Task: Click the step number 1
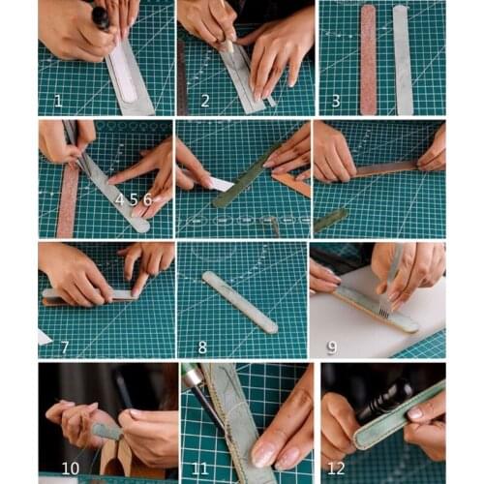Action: (57, 100)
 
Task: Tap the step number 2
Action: (204, 100)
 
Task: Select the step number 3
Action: (335, 100)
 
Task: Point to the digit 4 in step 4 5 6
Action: (121, 198)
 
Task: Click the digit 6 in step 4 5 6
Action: (147, 198)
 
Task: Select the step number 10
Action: (71, 468)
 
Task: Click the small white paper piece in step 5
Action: (220, 184)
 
